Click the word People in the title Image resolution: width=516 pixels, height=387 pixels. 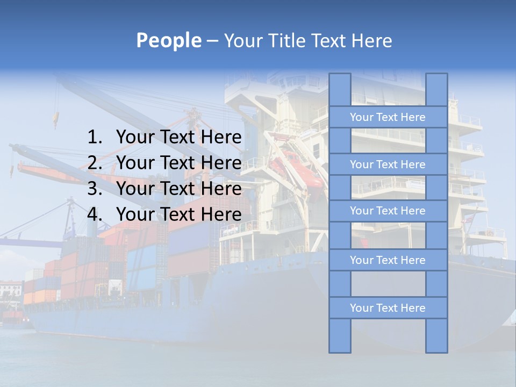tap(168, 40)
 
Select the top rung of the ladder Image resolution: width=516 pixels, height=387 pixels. tap(388, 117)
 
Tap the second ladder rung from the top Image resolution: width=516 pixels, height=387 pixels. tap(388, 164)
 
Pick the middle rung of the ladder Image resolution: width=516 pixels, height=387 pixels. tap(388, 211)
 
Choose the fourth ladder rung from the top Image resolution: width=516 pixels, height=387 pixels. tap(388, 260)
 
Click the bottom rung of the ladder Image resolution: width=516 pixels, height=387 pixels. tap(388, 308)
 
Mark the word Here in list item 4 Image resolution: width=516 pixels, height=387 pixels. tap(221, 214)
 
